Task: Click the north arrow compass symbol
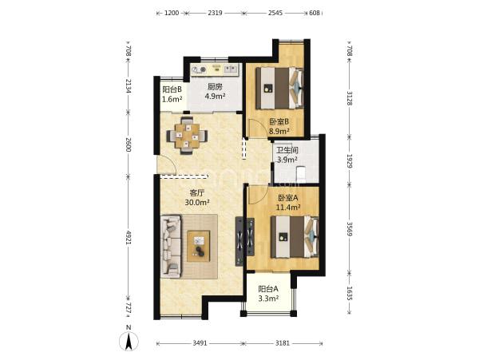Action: pos(129,338)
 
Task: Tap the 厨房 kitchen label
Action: pos(215,87)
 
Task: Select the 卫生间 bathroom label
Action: pos(287,150)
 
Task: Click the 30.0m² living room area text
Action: pos(197,202)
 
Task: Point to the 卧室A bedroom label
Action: pos(288,198)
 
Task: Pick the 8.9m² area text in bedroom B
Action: pos(279,131)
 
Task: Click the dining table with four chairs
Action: pos(187,136)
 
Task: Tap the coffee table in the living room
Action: pos(199,246)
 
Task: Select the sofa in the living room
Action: pos(171,247)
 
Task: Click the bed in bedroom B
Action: pos(279,89)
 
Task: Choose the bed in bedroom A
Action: pos(295,236)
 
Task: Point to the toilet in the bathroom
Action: pos(301,173)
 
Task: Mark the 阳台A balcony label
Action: pos(268,288)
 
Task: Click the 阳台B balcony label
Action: pos(172,89)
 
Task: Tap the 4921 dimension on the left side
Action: pos(129,237)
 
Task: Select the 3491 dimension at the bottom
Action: pos(200,343)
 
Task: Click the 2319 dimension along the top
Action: pos(215,13)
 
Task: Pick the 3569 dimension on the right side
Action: pos(350,228)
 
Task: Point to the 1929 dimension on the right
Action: pos(350,161)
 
